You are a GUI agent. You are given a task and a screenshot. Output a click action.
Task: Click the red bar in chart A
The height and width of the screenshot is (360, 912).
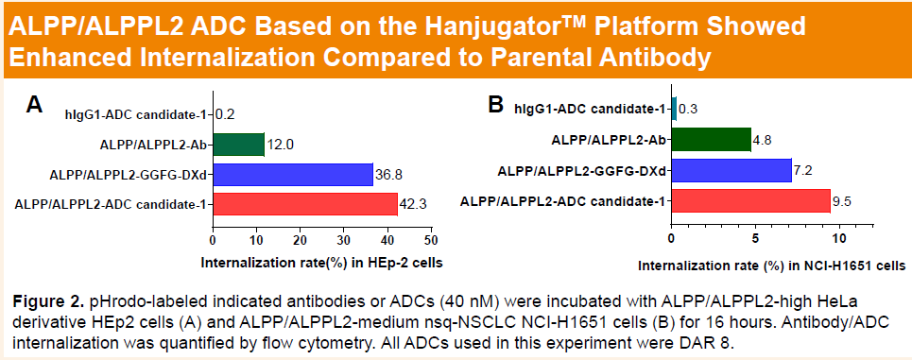tap(305, 204)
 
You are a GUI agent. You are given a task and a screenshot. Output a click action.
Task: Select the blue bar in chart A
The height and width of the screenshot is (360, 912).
tap(293, 175)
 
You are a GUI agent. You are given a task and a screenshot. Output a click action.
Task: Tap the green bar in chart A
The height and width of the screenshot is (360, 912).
tap(239, 145)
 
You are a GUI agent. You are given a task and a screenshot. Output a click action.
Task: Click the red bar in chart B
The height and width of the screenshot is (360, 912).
tap(751, 200)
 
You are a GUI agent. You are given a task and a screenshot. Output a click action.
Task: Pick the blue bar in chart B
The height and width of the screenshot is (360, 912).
tap(732, 170)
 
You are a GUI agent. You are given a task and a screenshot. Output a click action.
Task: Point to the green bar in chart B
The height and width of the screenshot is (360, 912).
tap(712, 140)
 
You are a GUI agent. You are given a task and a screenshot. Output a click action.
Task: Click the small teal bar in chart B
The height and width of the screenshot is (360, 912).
tap(675, 109)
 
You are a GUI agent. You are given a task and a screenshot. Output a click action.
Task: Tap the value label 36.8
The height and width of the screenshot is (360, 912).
tap(387, 175)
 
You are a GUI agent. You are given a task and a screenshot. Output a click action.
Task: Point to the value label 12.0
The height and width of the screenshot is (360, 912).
tap(279, 145)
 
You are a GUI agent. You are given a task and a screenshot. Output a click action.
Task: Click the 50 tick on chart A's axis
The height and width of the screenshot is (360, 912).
tap(431, 240)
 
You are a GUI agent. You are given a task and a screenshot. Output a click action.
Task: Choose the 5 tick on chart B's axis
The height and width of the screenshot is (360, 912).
tap(755, 238)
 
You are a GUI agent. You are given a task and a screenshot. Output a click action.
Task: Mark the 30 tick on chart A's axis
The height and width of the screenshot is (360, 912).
tap(344, 240)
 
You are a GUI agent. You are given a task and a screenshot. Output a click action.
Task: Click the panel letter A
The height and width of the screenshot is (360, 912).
tap(35, 105)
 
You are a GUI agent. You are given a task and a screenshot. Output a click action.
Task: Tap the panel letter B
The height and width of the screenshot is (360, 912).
tap(495, 105)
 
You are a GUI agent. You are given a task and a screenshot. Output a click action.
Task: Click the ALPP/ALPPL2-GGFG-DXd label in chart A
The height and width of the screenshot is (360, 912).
tap(129, 175)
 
